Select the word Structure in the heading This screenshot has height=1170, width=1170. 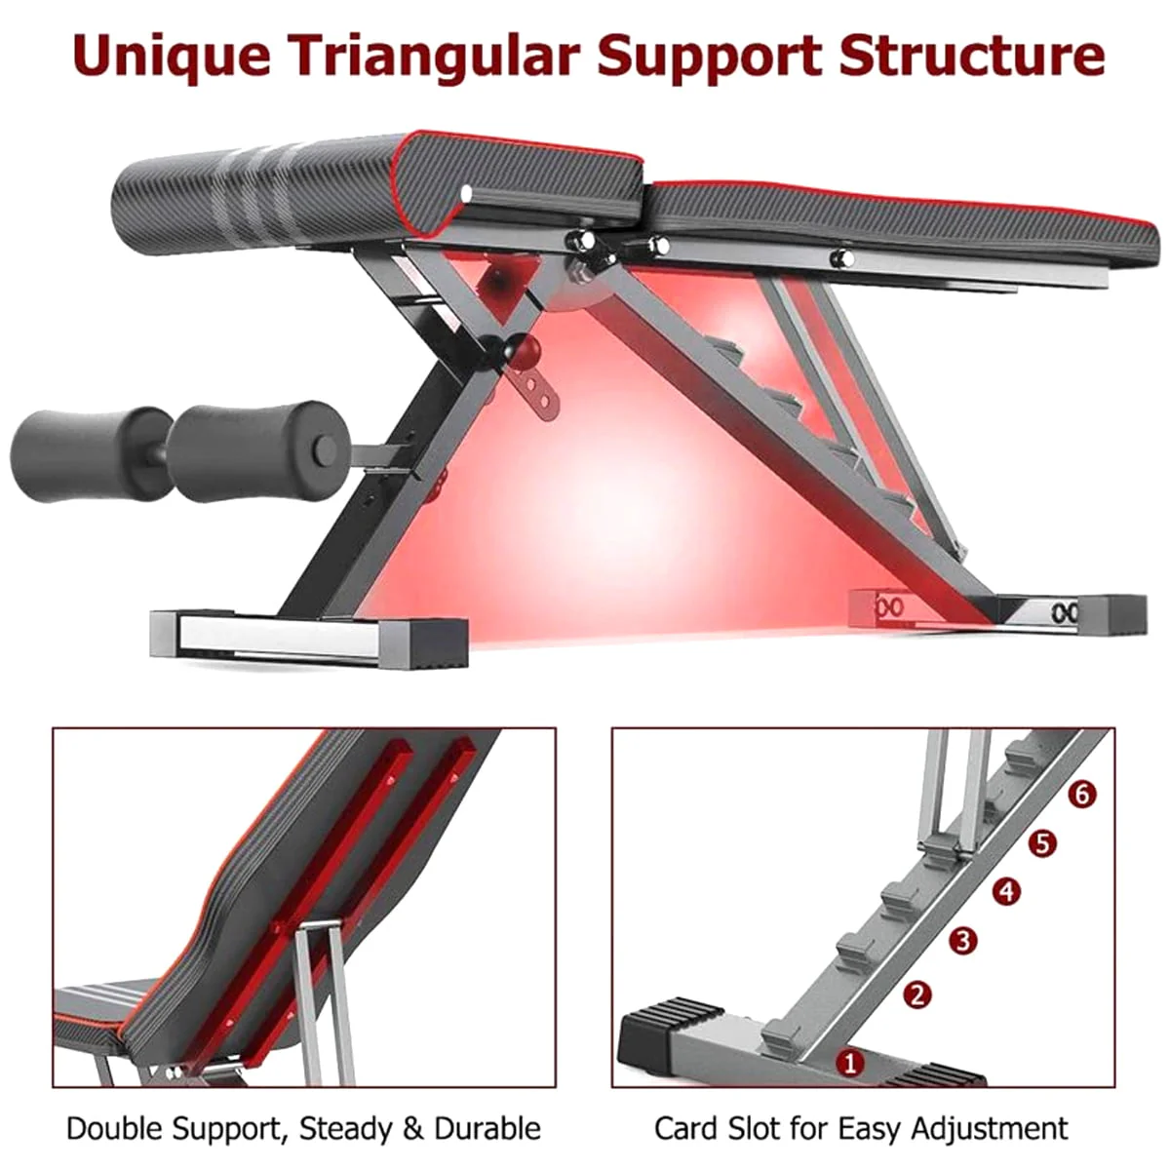click(x=971, y=55)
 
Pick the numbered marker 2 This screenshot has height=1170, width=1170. click(x=917, y=995)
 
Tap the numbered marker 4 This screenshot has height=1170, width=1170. click(x=1006, y=891)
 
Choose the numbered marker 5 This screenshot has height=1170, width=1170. click(x=1042, y=843)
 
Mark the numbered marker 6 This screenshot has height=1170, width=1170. click(x=1082, y=795)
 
